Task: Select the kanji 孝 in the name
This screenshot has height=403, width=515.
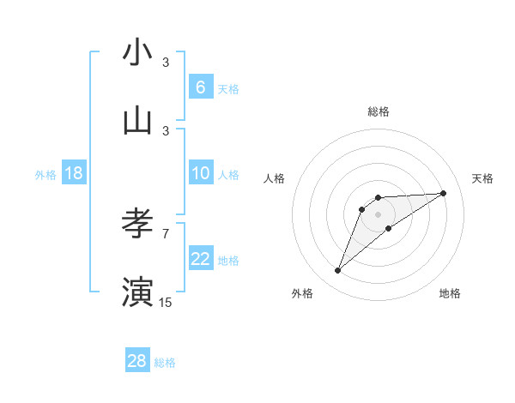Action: tap(137, 225)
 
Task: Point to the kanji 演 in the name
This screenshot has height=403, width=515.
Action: tap(137, 292)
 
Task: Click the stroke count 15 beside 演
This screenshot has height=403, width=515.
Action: tap(166, 302)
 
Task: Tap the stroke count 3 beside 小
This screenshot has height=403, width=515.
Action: tap(166, 63)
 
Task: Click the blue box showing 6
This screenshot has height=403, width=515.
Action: tap(200, 87)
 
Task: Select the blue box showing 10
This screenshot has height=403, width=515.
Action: tap(200, 173)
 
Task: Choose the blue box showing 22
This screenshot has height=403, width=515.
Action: tap(200, 259)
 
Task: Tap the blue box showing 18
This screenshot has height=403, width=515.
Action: tap(73, 173)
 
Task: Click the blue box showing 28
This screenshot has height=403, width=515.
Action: tap(137, 361)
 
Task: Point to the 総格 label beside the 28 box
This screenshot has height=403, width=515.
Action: tap(165, 363)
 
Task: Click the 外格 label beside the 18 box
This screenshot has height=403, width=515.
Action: tap(45, 175)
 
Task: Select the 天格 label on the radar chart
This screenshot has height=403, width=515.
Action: tap(483, 178)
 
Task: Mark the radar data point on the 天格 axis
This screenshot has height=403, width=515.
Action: tap(444, 193)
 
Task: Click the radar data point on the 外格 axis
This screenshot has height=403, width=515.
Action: tap(337, 271)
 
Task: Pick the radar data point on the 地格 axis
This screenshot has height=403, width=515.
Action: tap(389, 228)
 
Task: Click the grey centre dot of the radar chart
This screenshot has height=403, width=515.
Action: tap(378, 214)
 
